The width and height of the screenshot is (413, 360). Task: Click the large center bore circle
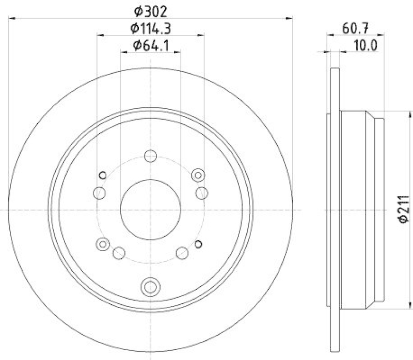click(150, 209)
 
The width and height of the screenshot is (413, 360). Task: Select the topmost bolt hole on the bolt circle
click(150, 155)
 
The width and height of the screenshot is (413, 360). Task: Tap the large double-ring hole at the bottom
click(150, 285)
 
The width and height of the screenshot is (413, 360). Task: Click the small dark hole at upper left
click(102, 174)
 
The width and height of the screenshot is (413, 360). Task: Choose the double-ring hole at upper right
click(197, 175)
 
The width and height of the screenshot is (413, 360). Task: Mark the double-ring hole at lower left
click(103, 244)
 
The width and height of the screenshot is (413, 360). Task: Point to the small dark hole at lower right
click(199, 244)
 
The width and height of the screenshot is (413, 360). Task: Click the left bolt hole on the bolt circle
click(99, 193)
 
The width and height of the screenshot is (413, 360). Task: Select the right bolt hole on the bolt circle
click(202, 193)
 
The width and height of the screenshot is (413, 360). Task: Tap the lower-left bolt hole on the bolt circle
click(118, 253)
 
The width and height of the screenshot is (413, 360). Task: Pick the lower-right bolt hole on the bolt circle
click(182, 253)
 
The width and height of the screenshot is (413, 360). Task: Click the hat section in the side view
click(361, 209)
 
